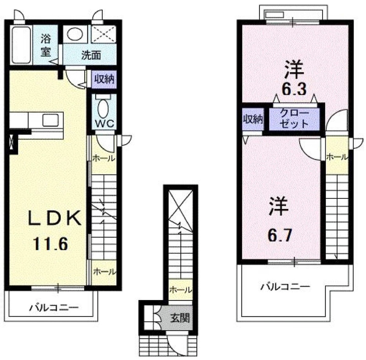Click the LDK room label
click(54, 218)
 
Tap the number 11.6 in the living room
click(50, 244)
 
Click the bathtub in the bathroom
click(21, 45)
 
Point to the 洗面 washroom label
click(91, 55)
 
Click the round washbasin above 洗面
click(75, 34)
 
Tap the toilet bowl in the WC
click(103, 109)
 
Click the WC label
click(104, 123)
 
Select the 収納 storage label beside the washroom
click(104, 79)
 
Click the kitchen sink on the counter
click(50, 120)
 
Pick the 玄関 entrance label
click(180, 318)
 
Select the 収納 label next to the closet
click(253, 120)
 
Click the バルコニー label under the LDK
click(54, 307)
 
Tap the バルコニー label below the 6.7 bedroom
click(285, 286)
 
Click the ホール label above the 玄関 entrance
click(181, 289)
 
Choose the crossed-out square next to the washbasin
click(103, 34)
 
